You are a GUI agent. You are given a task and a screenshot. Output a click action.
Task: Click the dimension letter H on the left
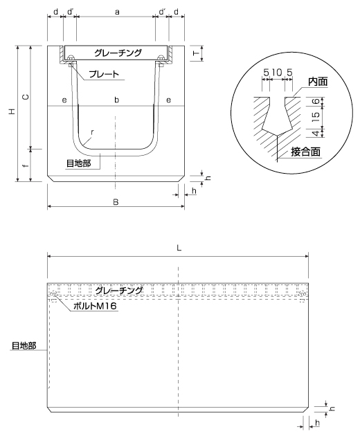[12, 112]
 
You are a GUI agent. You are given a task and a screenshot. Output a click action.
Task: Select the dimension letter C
[26, 97]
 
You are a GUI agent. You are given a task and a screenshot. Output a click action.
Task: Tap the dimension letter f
[26, 165]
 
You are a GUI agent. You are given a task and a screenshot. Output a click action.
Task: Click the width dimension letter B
[116, 202]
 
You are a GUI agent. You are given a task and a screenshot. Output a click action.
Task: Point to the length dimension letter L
[179, 248]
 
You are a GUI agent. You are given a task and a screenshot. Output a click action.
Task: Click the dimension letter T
[196, 53]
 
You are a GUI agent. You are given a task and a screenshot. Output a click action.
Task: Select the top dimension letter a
[118, 12]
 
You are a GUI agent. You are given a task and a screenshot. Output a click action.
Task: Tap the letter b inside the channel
[117, 100]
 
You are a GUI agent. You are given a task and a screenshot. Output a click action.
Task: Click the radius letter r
[92, 132]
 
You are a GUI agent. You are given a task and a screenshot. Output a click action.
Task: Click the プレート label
[104, 74]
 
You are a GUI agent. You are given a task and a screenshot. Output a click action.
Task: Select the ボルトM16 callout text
[95, 306]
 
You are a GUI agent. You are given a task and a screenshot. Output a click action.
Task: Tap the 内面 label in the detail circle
[318, 82]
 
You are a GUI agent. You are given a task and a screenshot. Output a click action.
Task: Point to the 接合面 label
[305, 152]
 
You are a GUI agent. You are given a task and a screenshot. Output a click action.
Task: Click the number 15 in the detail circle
[316, 115]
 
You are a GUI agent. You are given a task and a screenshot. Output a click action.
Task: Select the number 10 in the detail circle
[277, 73]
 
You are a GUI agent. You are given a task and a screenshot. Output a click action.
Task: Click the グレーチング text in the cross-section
[118, 53]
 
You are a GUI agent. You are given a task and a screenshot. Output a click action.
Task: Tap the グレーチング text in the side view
[119, 291]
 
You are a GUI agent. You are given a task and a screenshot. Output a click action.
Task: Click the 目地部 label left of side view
[24, 345]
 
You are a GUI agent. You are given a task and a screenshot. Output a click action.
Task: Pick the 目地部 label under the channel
[78, 163]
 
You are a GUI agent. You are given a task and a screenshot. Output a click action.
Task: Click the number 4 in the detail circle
[316, 133]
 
